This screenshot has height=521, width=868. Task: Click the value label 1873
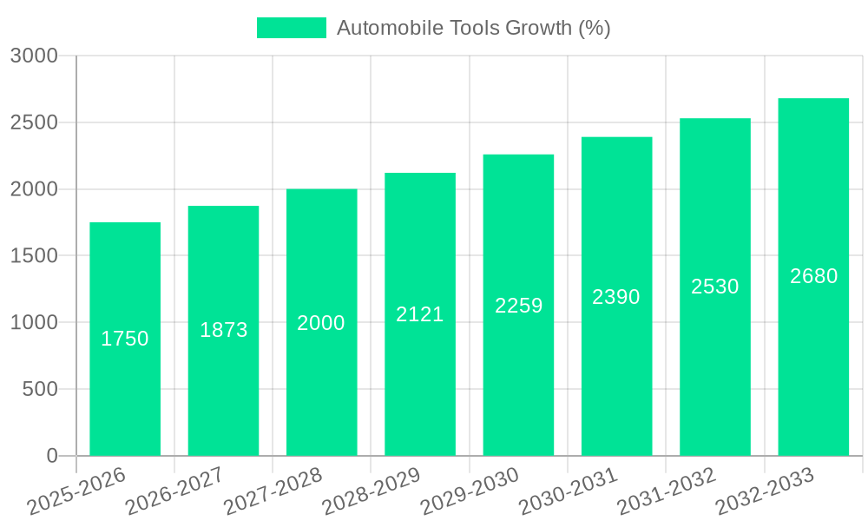pos(224,330)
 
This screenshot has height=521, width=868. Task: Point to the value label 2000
pos(321,323)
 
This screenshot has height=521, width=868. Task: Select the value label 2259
pos(519,306)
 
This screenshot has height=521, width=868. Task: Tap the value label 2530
pos(715,287)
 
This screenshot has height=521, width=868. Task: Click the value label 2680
pos(814,276)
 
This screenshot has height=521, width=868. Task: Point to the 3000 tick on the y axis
pos(34,56)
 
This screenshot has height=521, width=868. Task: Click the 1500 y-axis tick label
pos(34,256)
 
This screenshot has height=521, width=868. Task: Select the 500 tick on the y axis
pos(40,389)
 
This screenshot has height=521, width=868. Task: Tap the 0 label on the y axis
pos(51,456)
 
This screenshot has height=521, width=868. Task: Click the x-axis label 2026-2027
pos(174,491)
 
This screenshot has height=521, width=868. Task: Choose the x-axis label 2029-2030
pos(470,491)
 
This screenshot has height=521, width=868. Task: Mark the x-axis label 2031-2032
pos(666,491)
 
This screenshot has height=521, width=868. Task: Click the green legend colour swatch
pos(292,28)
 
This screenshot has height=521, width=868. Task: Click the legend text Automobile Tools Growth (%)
pos(474,28)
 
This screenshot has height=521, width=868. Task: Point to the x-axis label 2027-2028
pos(273,491)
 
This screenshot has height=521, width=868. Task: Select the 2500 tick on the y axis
pos(34,122)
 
